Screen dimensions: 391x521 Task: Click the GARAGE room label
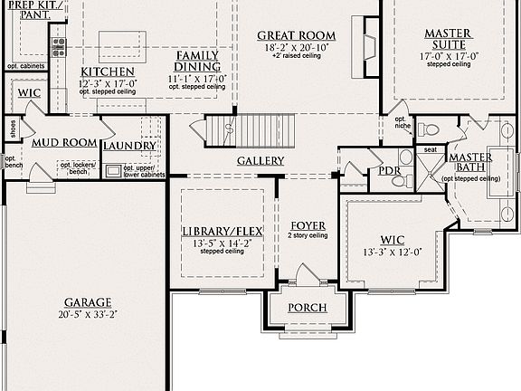point(88,302)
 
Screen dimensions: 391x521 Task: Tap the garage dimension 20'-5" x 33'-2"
point(88,314)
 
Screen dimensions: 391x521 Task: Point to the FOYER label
point(308,224)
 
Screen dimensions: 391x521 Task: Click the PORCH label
point(307,308)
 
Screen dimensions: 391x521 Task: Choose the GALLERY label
point(260,161)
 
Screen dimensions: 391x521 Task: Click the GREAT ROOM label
point(297,35)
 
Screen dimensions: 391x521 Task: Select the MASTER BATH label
point(470,162)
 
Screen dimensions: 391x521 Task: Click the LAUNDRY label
point(129,146)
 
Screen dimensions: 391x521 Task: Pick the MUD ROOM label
point(63,143)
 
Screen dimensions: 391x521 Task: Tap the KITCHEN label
point(108,72)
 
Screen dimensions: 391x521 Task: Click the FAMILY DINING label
point(197,61)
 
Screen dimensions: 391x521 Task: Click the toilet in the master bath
point(430,129)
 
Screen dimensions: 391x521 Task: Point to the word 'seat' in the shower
point(431,149)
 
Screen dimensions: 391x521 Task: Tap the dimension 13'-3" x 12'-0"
point(393,252)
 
